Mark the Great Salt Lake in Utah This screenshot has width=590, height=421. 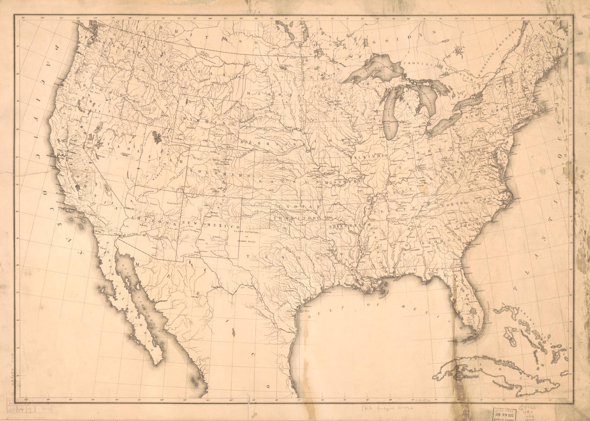tap(157, 137)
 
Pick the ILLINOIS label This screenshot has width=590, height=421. tap(370, 156)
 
